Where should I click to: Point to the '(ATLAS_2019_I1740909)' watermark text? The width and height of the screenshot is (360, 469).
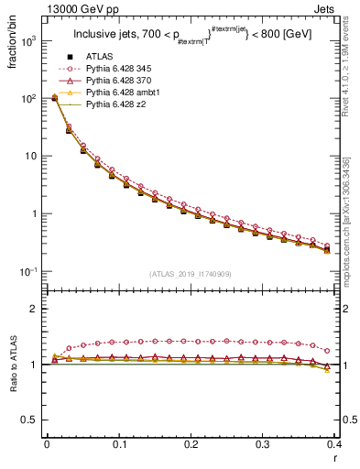point(191,275)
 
